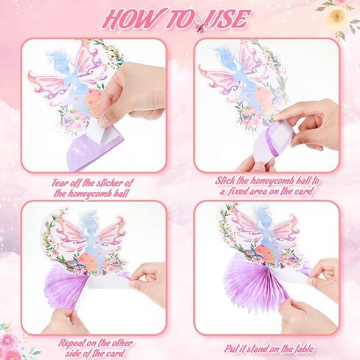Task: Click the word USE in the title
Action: (228, 18)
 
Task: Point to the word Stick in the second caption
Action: (225, 181)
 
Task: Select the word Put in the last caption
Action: (232, 349)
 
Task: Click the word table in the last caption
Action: (303, 349)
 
